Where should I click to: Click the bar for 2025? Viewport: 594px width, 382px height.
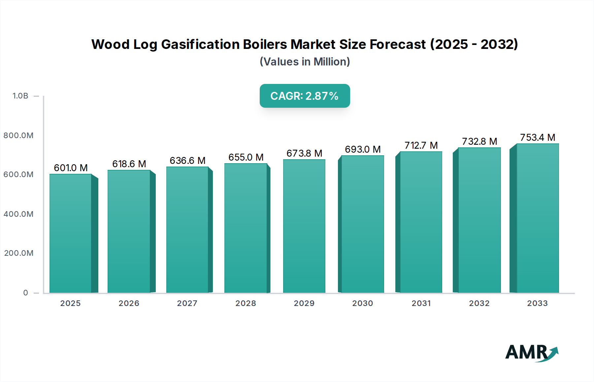[71, 233]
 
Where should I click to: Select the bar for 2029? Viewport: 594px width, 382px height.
[304, 226]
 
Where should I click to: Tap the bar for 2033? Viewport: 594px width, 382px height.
[538, 218]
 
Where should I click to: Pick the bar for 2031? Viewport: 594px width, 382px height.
[421, 222]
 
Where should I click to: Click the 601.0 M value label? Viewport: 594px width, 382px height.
[71, 168]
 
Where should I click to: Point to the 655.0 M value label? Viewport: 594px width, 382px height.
[246, 157]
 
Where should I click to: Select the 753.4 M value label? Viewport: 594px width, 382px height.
[538, 137]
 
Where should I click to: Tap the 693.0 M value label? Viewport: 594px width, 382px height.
[363, 149]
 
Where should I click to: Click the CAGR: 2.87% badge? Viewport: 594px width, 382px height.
[305, 96]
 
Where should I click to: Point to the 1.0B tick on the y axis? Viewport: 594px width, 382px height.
[20, 96]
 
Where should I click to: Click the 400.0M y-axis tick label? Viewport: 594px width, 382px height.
[18, 214]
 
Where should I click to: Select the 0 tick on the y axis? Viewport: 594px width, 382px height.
[26, 293]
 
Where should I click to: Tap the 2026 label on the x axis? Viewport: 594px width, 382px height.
[129, 303]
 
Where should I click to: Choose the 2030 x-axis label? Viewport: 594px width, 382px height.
[363, 303]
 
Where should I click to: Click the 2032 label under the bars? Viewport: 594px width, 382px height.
[479, 303]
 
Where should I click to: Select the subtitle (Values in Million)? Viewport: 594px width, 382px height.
[305, 62]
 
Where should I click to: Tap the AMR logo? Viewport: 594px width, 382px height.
[531, 353]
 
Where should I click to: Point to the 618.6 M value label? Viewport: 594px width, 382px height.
[129, 164]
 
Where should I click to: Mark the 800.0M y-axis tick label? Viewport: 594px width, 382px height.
[18, 135]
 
